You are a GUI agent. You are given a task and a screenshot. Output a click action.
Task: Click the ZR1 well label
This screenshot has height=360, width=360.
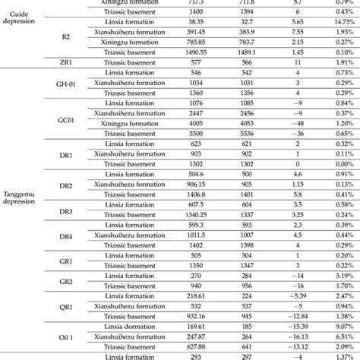(65, 60)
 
